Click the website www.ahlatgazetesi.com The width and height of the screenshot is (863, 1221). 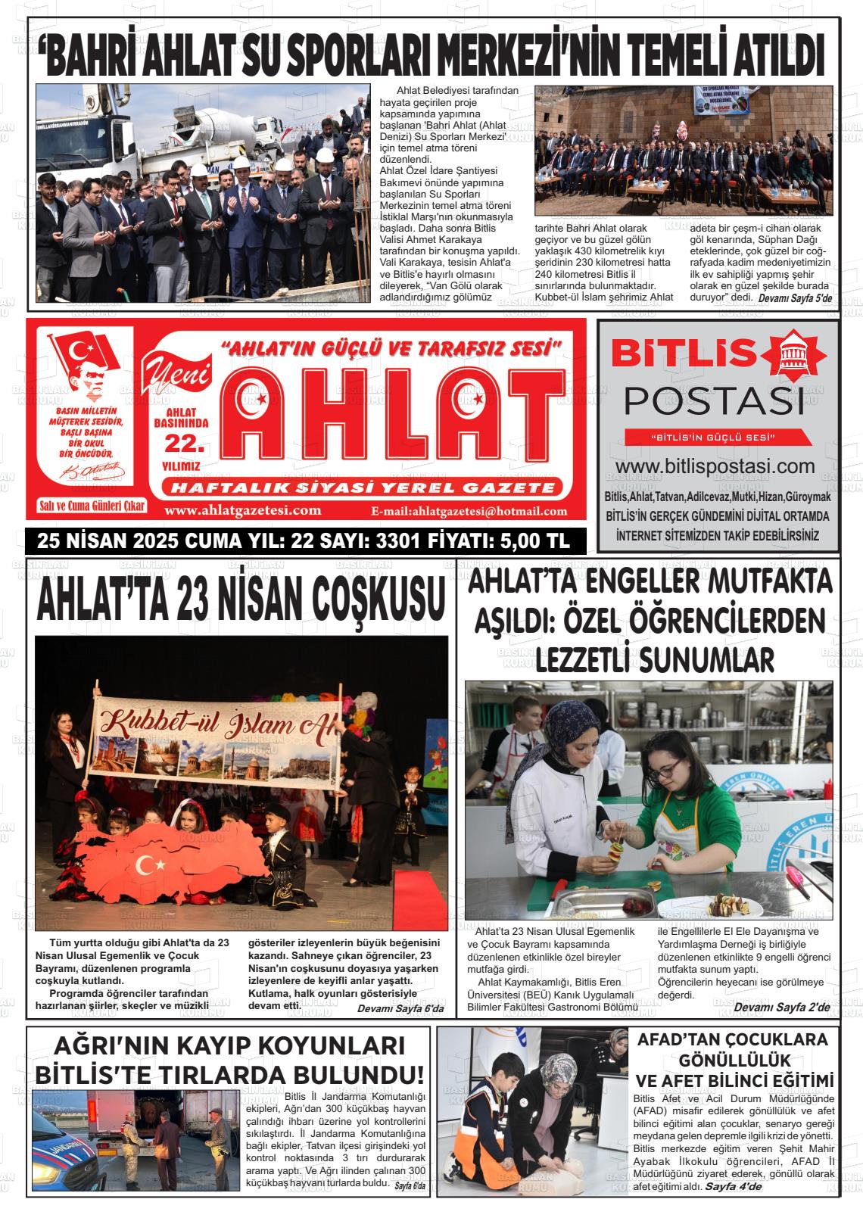tap(242, 511)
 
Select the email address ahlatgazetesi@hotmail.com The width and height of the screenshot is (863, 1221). tap(469, 512)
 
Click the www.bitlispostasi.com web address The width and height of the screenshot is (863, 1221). tap(716, 466)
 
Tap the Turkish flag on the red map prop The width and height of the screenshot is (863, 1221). tap(144, 864)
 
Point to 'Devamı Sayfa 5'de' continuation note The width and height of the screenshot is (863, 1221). tap(794, 299)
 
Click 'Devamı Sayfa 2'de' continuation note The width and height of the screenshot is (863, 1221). tap(782, 1008)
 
